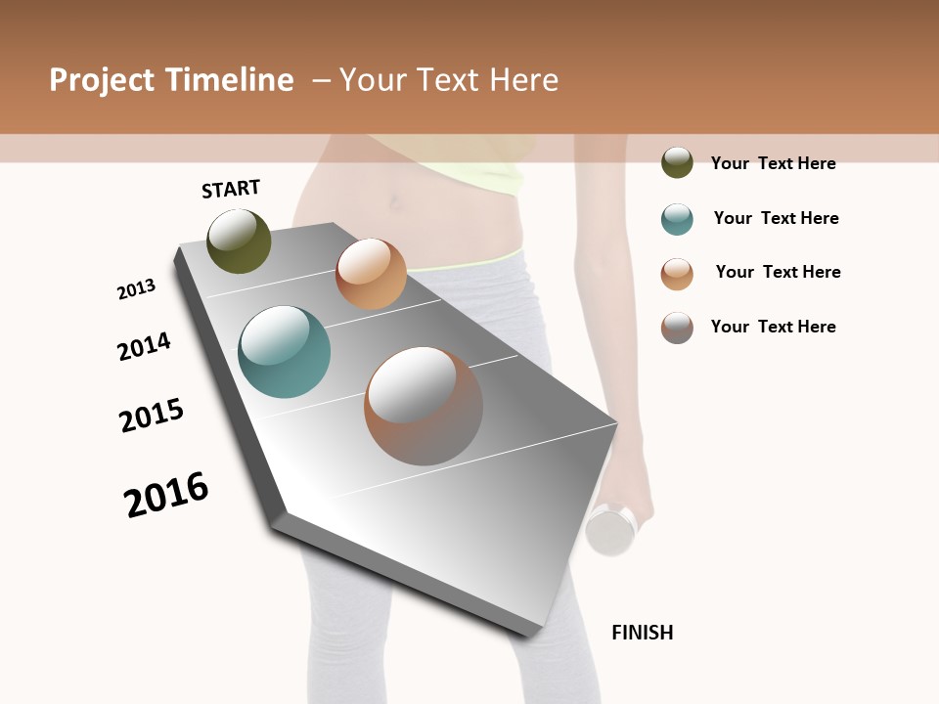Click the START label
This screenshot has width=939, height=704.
coord(231,189)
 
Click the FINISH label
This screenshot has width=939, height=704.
coord(643,633)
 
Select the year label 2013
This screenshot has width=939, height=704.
coord(136,289)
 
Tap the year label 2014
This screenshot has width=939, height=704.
coord(144,346)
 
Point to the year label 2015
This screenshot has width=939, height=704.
coord(152,416)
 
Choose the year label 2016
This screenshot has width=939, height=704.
coord(166,495)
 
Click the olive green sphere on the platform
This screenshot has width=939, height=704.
coord(239,241)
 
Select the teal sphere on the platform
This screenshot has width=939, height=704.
coord(284,352)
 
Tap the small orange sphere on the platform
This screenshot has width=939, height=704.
coord(371,274)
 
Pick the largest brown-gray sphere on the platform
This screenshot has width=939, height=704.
coord(424,406)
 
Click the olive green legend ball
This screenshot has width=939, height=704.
coord(677,162)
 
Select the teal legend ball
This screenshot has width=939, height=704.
coord(677,219)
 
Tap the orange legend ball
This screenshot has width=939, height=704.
coord(677,274)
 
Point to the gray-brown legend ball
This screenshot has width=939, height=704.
coord(677,328)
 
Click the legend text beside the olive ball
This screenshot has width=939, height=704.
coord(773,163)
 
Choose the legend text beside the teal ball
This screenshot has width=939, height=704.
coord(776,218)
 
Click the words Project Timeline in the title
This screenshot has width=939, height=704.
coord(171,80)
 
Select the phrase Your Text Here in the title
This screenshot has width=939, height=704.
coord(448,80)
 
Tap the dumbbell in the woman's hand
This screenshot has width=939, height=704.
coord(612,529)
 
